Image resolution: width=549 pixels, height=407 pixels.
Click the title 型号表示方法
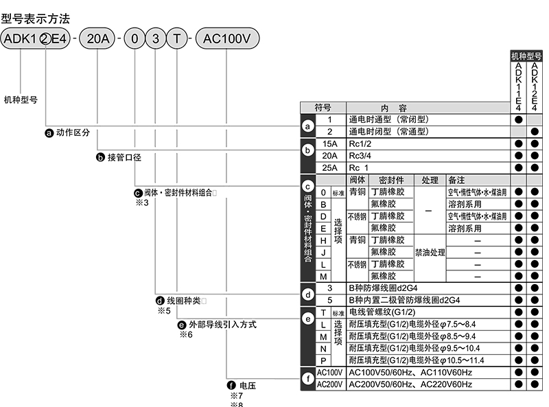tap(36, 18)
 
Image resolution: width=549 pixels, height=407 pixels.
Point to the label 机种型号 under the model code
tap(21, 100)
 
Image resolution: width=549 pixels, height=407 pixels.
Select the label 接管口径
tap(124, 158)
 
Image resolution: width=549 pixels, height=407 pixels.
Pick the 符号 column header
tap(323, 108)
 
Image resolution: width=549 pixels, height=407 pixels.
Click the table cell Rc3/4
tap(361, 156)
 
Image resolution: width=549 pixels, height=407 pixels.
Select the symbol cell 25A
tap(330, 167)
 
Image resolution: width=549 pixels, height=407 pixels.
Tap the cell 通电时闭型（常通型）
tap(388, 131)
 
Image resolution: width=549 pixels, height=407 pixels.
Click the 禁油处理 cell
tap(430, 252)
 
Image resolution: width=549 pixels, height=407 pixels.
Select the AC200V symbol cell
tap(331, 384)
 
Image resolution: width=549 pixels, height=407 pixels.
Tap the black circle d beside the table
tap(309, 295)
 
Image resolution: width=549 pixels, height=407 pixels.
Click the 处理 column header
tap(430, 180)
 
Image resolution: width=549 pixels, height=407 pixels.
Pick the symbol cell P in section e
tap(323, 360)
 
